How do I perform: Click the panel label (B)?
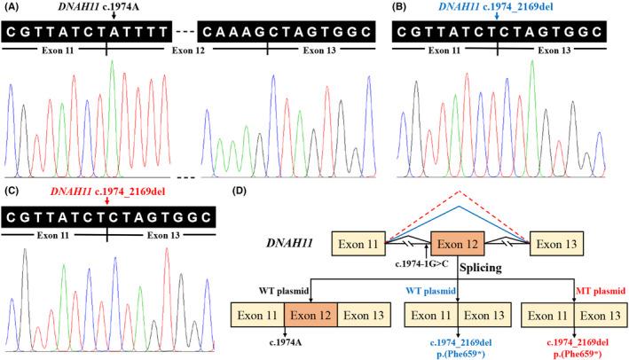coord(404,8)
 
